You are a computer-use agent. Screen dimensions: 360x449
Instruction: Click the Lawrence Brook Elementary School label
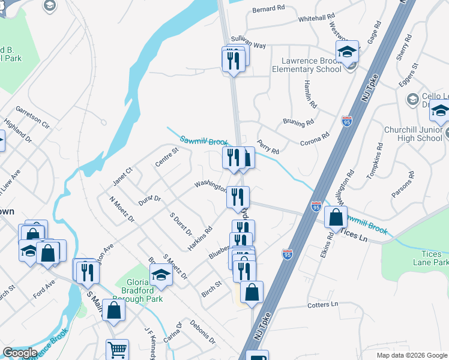(312, 65)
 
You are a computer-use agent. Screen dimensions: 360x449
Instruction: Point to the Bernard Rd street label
(268, 9)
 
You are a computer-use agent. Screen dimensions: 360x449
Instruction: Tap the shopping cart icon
(117, 350)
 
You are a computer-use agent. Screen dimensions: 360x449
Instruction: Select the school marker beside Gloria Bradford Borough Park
(161, 275)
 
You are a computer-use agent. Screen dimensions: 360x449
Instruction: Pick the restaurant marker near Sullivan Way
(233, 59)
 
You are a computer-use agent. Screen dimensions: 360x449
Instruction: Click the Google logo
(20, 353)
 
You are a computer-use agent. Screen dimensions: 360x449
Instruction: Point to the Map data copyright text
(411, 355)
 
